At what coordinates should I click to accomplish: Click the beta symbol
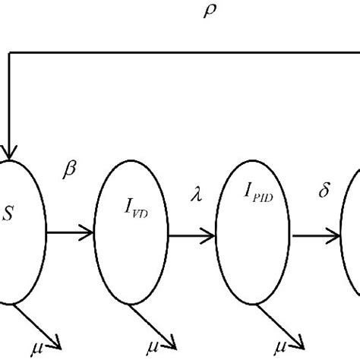(71, 172)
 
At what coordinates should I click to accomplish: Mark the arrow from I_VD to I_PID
(193, 235)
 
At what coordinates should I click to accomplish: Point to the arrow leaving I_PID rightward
(317, 235)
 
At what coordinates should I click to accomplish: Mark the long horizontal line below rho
(182, 53)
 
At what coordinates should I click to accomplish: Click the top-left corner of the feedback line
(9, 53)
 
